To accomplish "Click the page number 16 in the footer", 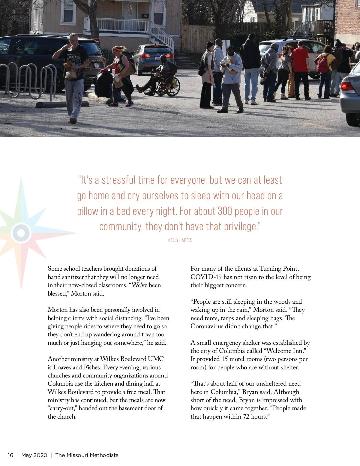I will pyautogui.click(x=10, y=455).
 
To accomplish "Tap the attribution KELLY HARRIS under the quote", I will pyautogui.click(x=180, y=240).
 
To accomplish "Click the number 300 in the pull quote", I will pyautogui.click(x=225, y=211).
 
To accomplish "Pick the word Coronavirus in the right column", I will pyautogui.click(x=207, y=326).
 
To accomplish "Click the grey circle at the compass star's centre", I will pyautogui.click(x=21, y=233).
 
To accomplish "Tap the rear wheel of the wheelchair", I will pyautogui.click(x=172, y=86).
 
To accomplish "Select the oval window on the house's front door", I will pyautogui.click(x=129, y=11).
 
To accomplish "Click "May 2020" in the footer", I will pyautogui.click(x=34, y=455).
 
